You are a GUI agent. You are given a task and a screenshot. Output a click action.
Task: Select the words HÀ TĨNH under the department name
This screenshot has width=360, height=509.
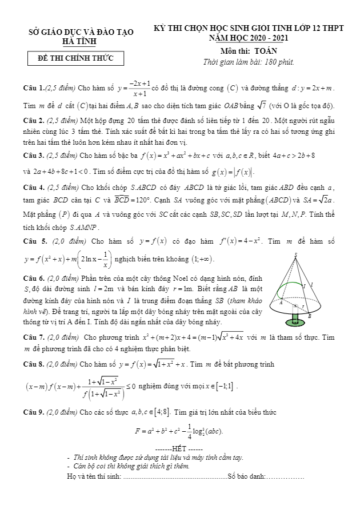(x=80, y=41)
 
